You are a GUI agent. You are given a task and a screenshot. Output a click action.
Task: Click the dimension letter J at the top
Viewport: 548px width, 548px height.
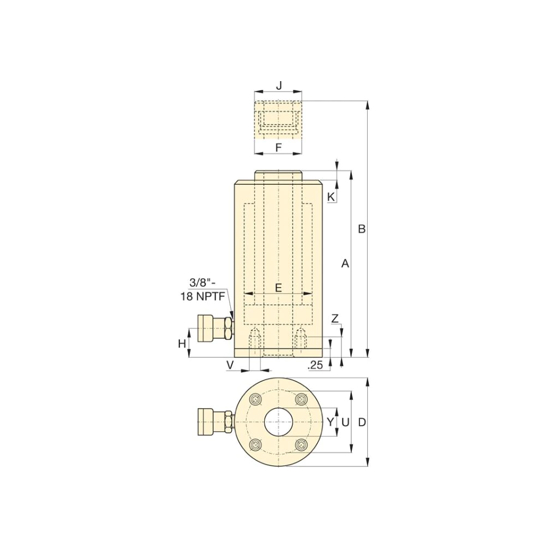pos(278,85)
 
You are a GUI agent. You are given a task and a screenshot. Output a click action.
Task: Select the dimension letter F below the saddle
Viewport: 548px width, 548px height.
pos(278,147)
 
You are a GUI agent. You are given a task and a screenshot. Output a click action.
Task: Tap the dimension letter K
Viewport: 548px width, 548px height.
pos(330,197)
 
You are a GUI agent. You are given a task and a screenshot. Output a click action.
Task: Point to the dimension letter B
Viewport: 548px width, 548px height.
pos(362,229)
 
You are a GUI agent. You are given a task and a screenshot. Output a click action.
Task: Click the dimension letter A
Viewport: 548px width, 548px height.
pos(345,264)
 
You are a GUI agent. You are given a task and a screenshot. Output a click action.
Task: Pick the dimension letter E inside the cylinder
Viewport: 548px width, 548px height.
pos(278,288)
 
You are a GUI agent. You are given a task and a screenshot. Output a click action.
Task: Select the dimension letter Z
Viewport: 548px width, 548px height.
pos(335,319)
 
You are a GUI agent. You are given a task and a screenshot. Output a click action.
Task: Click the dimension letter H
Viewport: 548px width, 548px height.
pos(182,344)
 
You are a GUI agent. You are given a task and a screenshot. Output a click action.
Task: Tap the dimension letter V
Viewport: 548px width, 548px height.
pos(230,365)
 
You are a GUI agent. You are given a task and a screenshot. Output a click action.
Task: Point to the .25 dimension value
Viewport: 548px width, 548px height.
pos(315,365)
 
